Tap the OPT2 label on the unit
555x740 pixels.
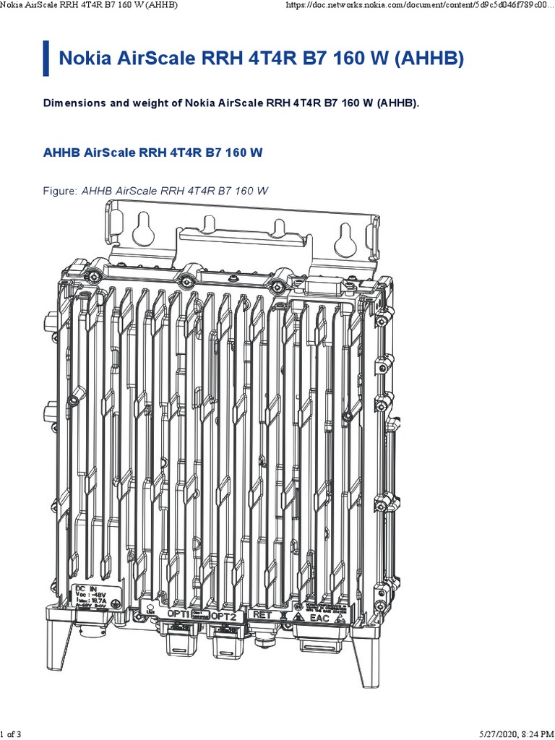click(x=224, y=616)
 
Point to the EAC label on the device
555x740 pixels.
click(x=319, y=619)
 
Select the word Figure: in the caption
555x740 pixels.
click(x=61, y=191)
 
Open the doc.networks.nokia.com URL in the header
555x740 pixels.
click(x=419, y=6)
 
